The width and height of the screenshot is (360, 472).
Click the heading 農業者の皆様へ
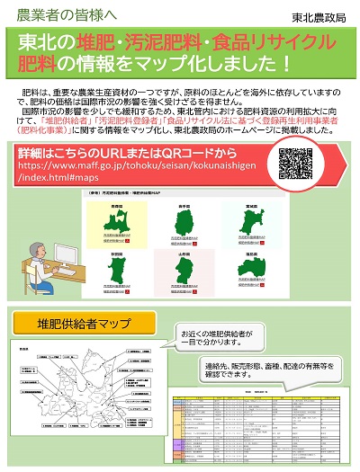click(59, 15)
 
